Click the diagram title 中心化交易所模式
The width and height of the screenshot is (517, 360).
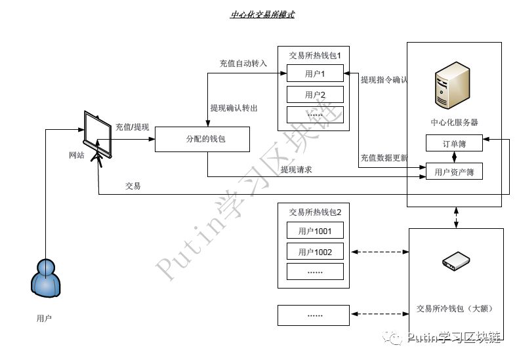point(262,14)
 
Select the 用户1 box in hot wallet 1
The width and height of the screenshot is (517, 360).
point(315,73)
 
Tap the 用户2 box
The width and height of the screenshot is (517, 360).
point(315,94)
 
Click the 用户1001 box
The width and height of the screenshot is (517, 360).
point(315,231)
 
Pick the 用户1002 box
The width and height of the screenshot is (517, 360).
point(315,252)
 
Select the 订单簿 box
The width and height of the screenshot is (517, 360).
point(454,144)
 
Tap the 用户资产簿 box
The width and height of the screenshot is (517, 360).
point(454,172)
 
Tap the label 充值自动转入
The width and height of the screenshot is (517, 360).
point(243,64)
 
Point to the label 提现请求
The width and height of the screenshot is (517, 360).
point(295,170)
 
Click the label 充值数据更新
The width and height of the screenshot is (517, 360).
point(384,158)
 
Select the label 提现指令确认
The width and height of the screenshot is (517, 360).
point(384,80)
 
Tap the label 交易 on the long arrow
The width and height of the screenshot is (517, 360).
point(133,186)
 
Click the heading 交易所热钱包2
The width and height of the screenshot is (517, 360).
point(315,212)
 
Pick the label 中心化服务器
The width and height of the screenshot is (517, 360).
point(454,122)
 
